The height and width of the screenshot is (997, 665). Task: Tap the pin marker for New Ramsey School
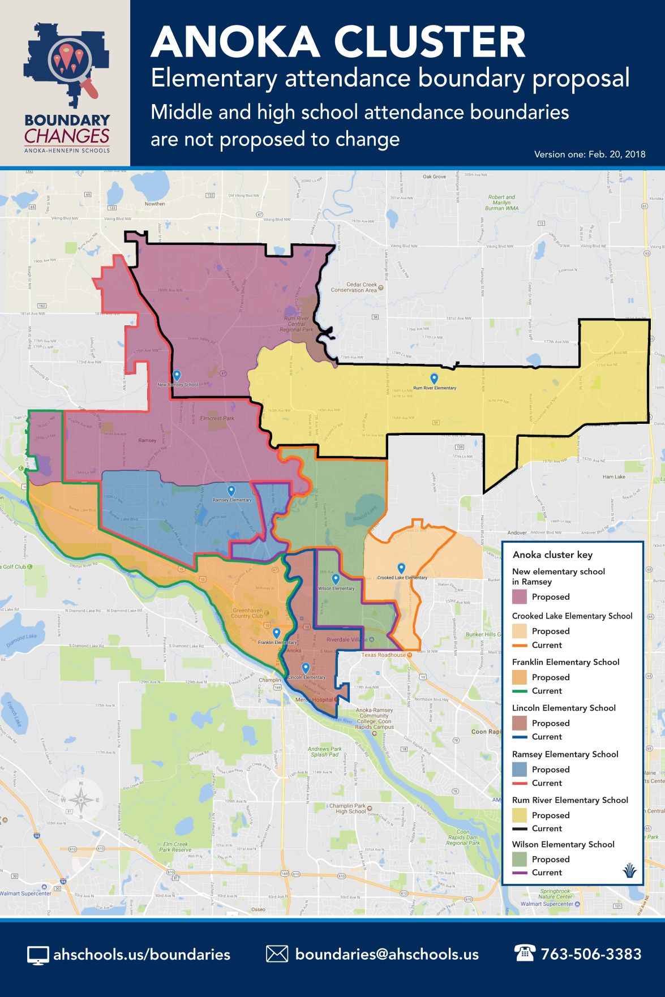[x=177, y=375]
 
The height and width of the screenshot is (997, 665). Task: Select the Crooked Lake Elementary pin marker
[x=401, y=568]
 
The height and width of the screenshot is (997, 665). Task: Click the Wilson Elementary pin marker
[x=336, y=579]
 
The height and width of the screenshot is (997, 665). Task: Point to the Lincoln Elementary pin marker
[x=306, y=668]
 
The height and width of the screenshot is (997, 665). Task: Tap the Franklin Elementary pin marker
[x=276, y=633]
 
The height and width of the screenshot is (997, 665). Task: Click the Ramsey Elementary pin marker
[x=231, y=490]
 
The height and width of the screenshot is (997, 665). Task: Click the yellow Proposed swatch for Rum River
[x=519, y=815]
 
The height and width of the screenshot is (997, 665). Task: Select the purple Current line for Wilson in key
[x=519, y=873]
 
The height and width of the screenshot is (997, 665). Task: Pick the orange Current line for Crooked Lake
[x=519, y=645]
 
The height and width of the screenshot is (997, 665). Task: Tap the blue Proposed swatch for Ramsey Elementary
[x=519, y=769]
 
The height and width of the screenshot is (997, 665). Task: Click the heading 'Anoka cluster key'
[x=552, y=555]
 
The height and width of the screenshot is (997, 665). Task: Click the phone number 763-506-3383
[x=591, y=955]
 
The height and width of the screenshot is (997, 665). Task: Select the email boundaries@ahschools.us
[x=387, y=955]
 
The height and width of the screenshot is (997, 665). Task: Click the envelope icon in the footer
[x=277, y=954]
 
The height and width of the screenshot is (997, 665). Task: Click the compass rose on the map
[x=81, y=800]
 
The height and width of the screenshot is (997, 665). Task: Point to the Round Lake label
[x=364, y=516]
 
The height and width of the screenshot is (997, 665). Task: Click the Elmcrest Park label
[x=217, y=419]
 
